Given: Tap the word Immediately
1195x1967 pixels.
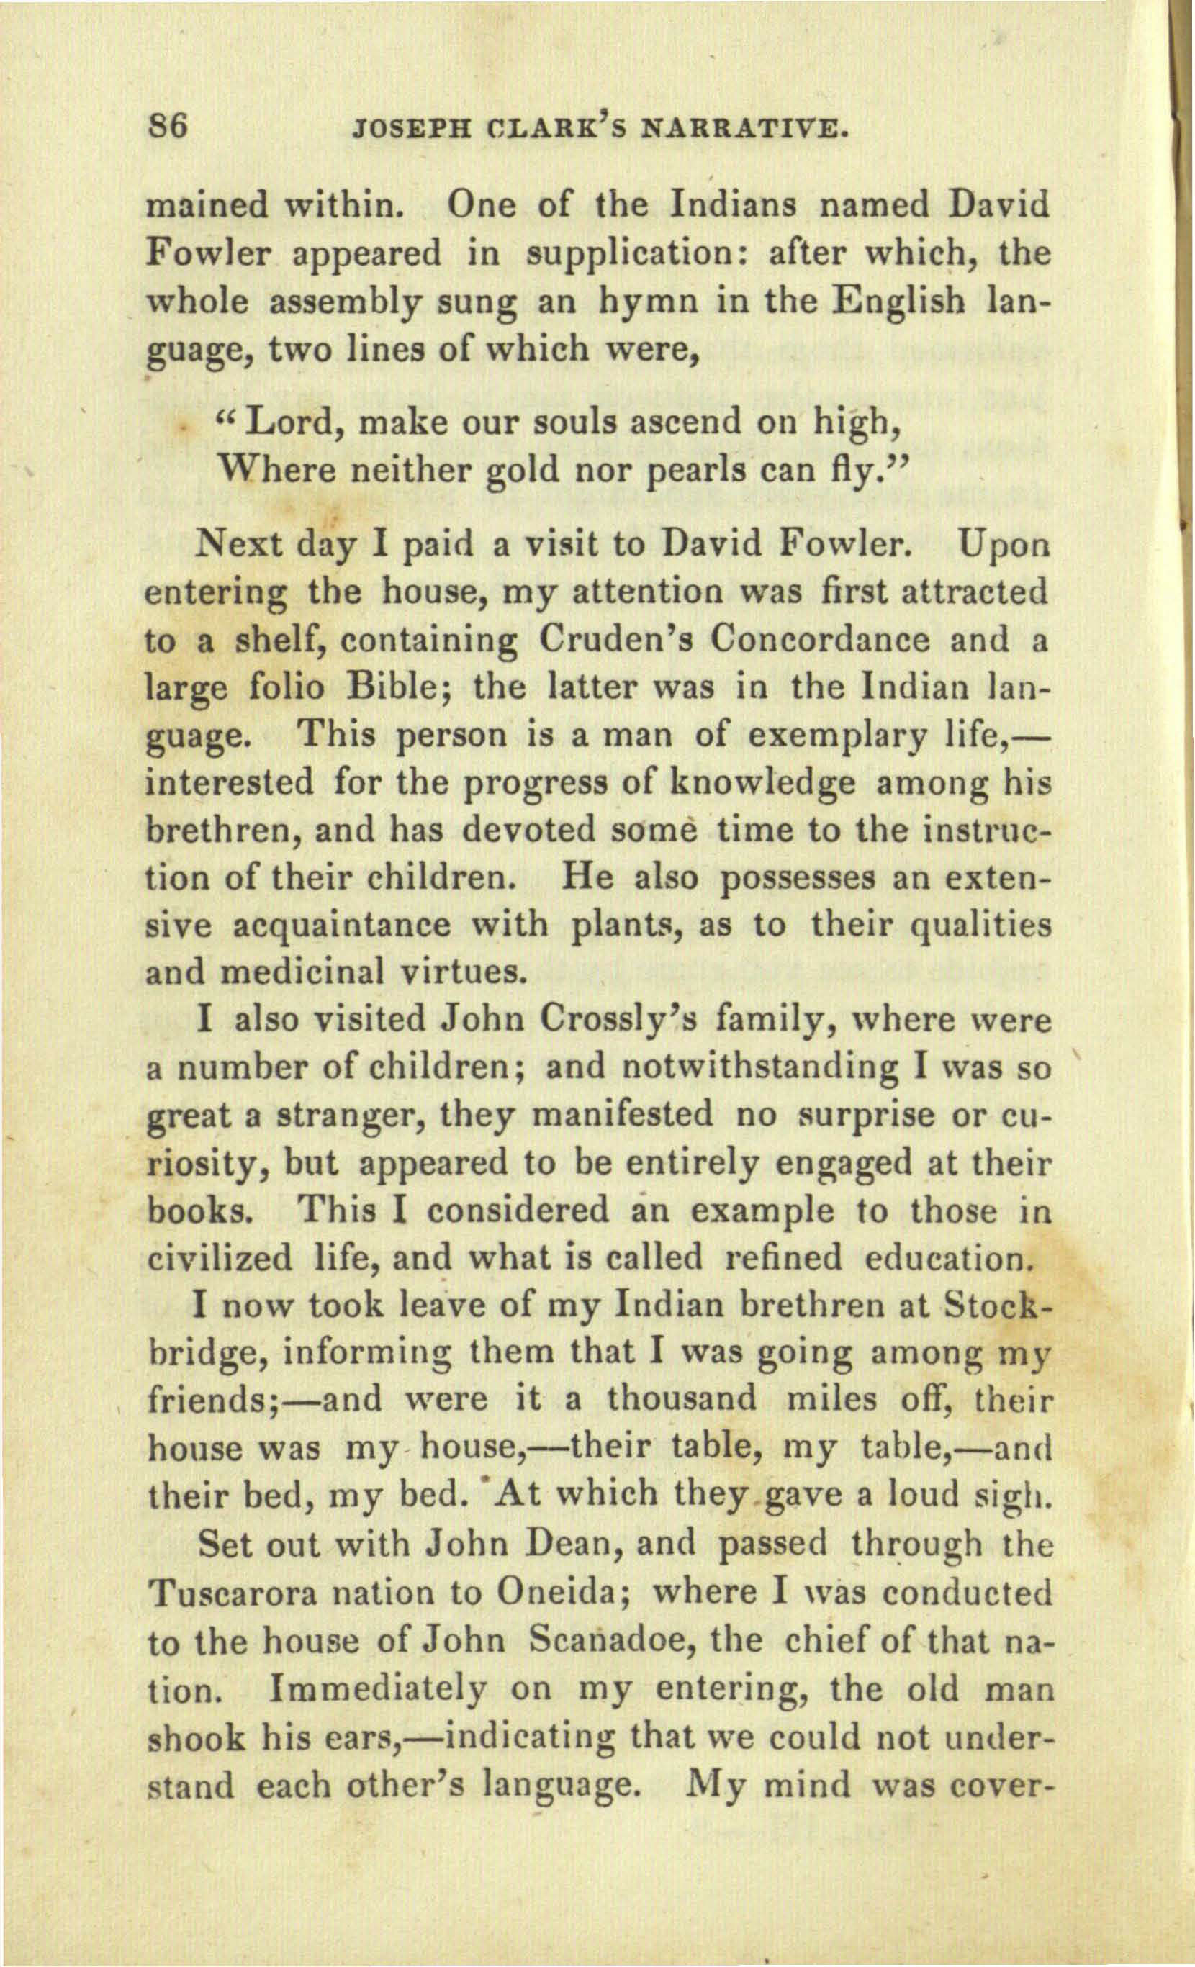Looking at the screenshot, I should (x=379, y=1690).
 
